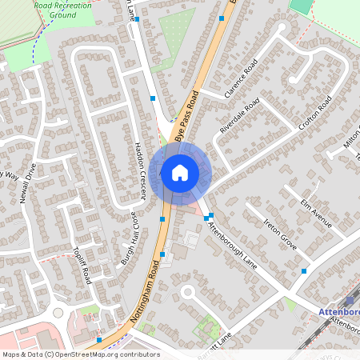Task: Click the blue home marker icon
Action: click(180, 172)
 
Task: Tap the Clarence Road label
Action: click(241, 79)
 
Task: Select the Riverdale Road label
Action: click(241, 116)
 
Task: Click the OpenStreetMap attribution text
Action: click(81, 354)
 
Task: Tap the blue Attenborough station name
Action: click(339, 311)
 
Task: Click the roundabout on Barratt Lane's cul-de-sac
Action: click(189, 292)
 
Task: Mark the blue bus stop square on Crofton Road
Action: click(304, 272)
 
